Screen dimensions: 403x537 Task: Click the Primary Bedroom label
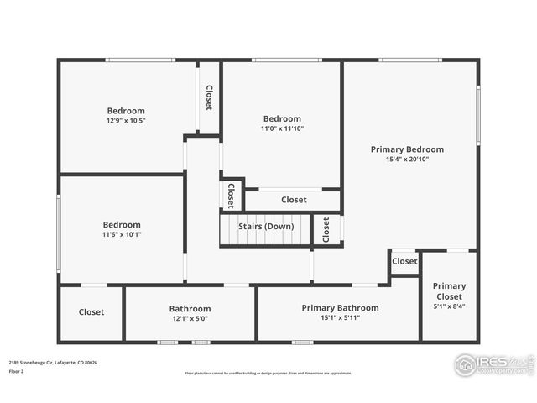pyautogui.click(x=407, y=149)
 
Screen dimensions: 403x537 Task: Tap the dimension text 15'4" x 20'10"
pyautogui.click(x=407, y=160)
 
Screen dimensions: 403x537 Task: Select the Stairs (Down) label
pyautogui.click(x=266, y=227)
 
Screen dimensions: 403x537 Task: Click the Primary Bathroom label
pyautogui.click(x=340, y=308)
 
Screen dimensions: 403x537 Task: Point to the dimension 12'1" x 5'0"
pyautogui.click(x=190, y=319)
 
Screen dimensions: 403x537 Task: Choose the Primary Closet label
pyautogui.click(x=449, y=291)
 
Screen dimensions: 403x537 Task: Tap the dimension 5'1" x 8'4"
pyautogui.click(x=449, y=306)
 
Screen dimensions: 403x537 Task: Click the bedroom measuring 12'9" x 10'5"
pyautogui.click(x=126, y=111)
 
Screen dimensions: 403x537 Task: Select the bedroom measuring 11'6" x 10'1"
pyautogui.click(x=122, y=225)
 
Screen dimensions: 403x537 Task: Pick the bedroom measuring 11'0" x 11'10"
pyautogui.click(x=282, y=119)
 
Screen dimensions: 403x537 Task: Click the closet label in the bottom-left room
pyautogui.click(x=91, y=312)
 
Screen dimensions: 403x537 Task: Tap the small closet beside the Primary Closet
pyautogui.click(x=404, y=261)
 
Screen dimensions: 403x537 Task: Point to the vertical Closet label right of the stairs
pyautogui.click(x=326, y=230)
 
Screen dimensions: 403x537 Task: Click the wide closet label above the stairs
pyautogui.click(x=294, y=200)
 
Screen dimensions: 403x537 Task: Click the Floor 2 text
pyautogui.click(x=17, y=371)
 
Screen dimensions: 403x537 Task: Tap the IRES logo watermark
pyautogui.click(x=493, y=364)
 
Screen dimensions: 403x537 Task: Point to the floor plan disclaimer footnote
pyautogui.click(x=268, y=374)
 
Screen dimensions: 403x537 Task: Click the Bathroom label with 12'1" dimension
pyautogui.click(x=190, y=309)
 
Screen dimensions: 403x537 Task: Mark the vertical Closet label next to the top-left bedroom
pyautogui.click(x=209, y=97)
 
